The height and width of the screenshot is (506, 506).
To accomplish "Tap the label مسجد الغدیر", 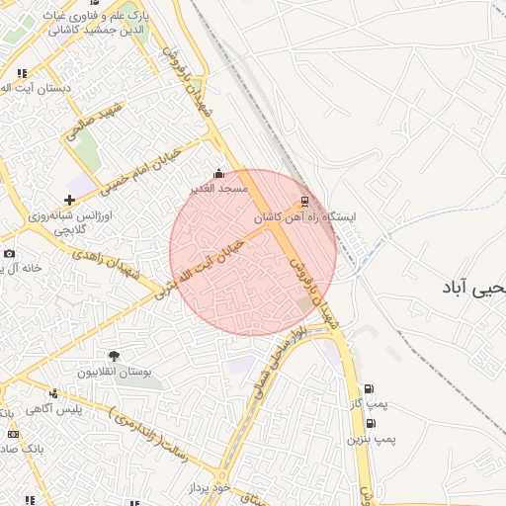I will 219,188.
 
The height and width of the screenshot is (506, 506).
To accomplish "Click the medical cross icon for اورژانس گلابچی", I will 68,201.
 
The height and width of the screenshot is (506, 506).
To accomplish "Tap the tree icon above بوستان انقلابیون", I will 114,356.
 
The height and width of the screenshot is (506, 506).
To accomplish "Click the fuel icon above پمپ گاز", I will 370,389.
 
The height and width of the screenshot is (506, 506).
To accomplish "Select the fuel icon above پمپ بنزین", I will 370,423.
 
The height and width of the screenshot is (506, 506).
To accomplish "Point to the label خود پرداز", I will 213,489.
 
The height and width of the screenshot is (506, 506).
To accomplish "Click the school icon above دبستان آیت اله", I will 22,73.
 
